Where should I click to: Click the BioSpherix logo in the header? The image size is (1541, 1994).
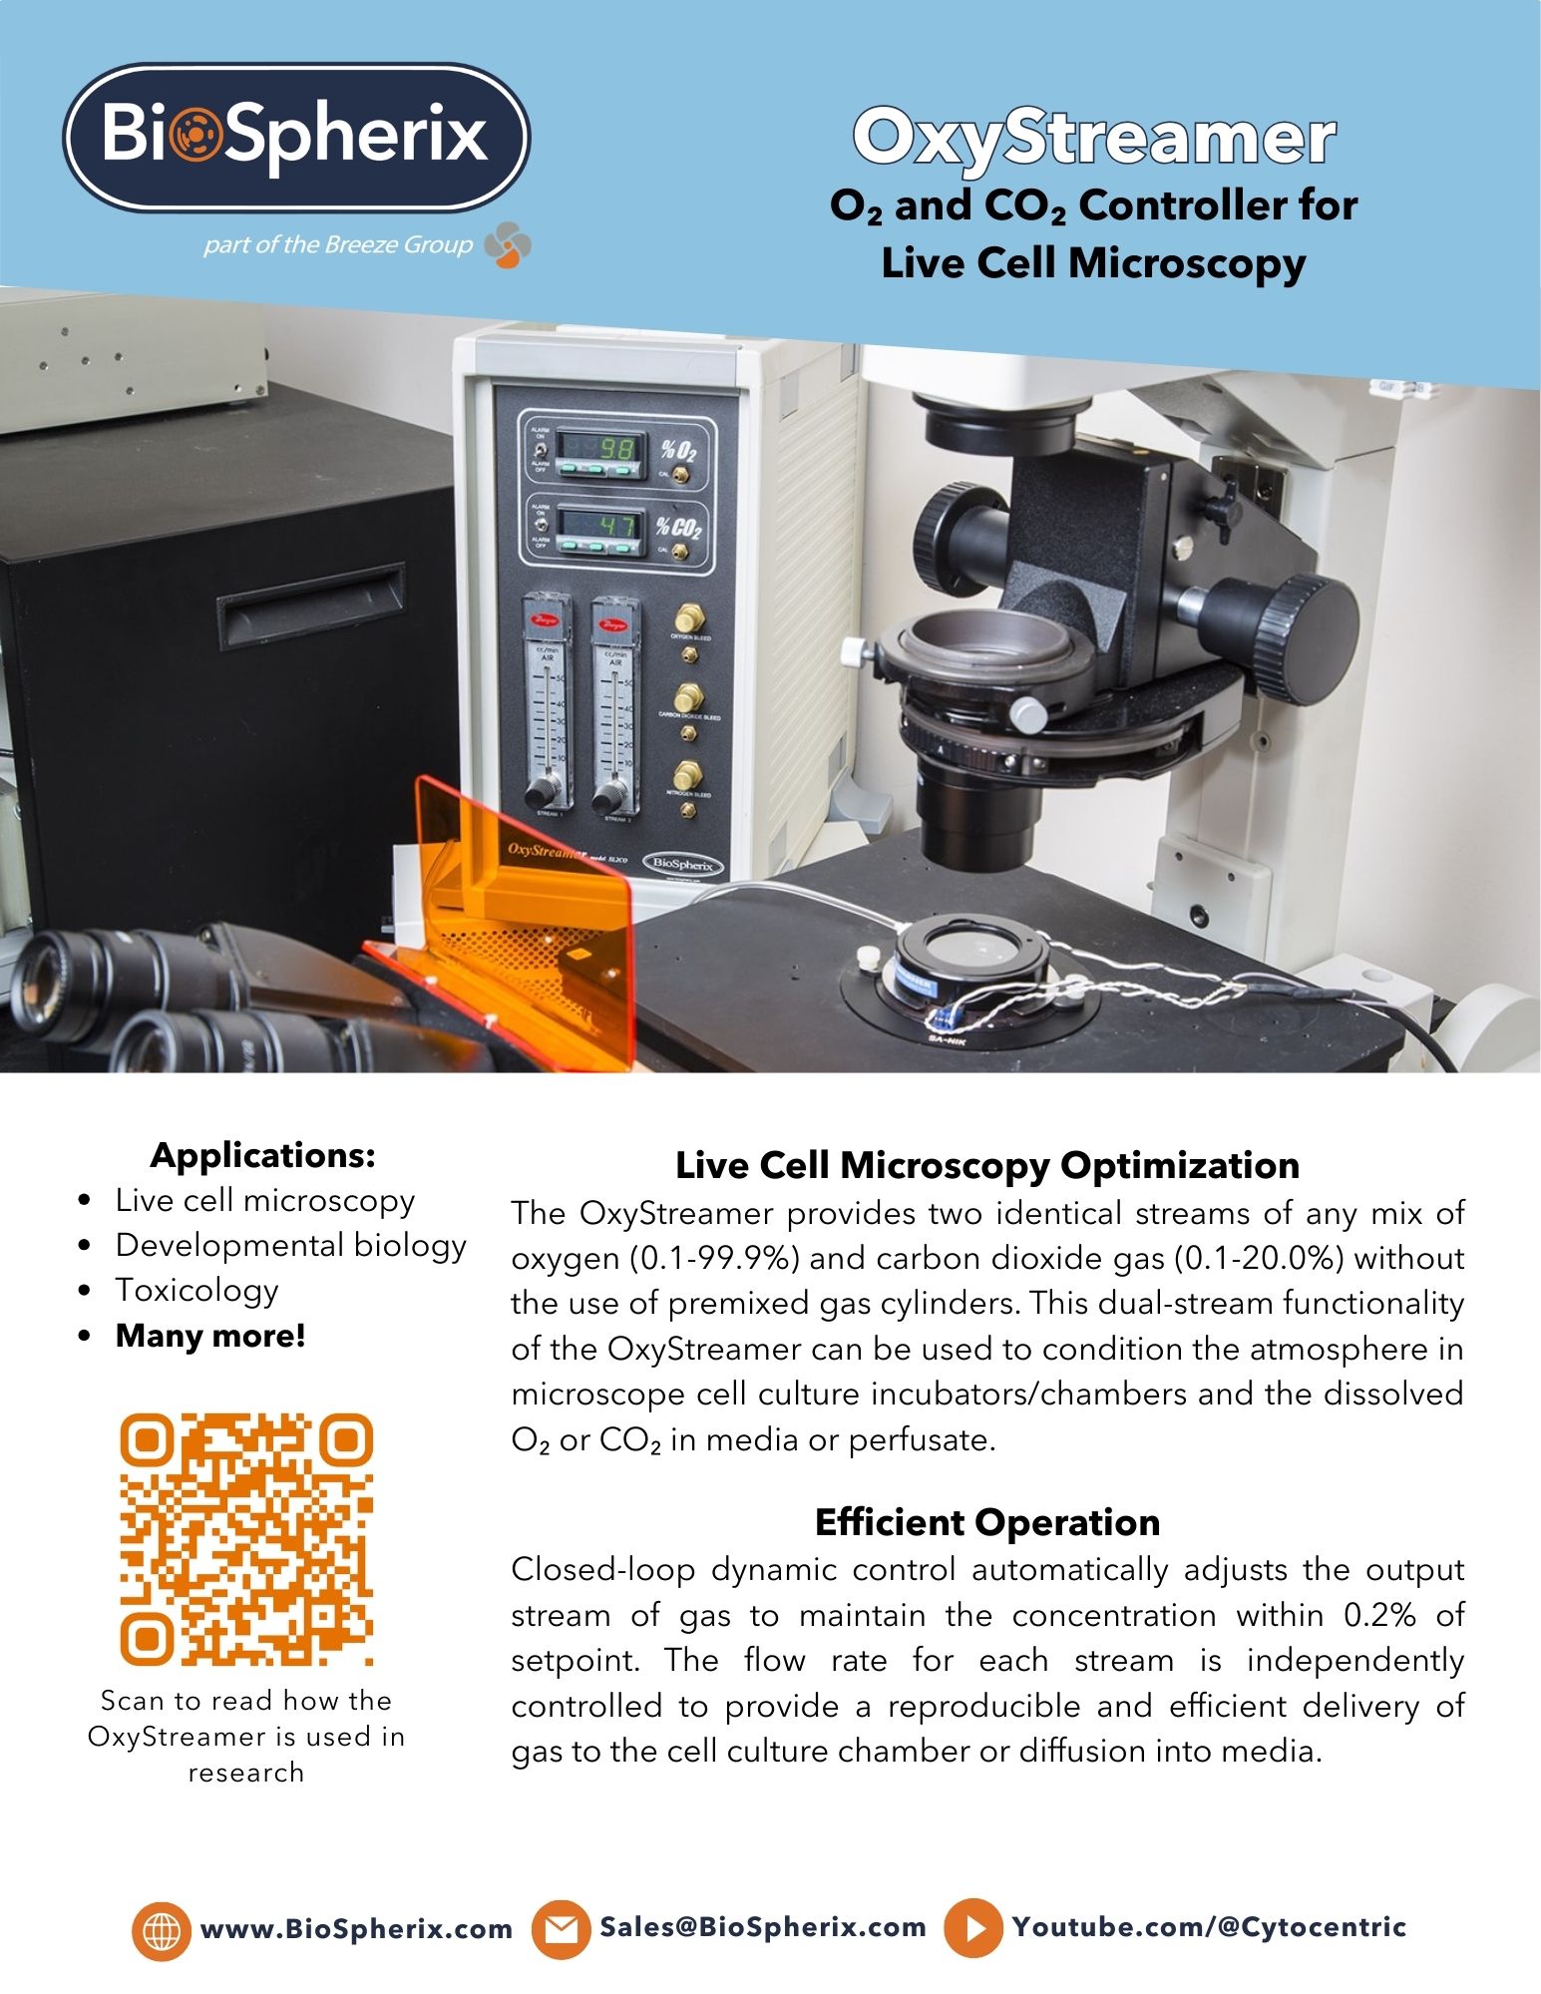tap(296, 137)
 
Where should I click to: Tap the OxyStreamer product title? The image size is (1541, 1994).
tap(1093, 138)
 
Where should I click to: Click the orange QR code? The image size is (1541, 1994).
tap(246, 1538)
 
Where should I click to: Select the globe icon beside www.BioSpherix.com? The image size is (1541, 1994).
tap(160, 1928)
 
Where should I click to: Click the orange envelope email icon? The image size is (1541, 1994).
tap(561, 1928)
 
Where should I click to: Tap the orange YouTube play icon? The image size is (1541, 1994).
tap(973, 1927)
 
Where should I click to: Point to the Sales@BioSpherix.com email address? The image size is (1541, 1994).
tap(763, 1926)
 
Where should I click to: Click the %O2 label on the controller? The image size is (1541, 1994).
tap(678, 449)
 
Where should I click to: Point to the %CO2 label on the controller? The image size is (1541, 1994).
tap(679, 526)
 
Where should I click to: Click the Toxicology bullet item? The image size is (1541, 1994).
tap(196, 1290)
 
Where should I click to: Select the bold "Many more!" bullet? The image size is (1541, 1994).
tap(210, 1335)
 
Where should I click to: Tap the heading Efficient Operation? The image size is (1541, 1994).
tap(986, 1522)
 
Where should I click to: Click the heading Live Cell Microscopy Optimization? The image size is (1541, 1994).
tap(986, 1165)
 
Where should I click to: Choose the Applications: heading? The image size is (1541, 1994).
tap(263, 1154)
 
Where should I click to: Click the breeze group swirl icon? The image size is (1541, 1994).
tap(508, 245)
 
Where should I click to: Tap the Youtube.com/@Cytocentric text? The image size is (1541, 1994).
tap(1209, 1926)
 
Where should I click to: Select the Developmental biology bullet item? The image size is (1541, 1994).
tap(290, 1245)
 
